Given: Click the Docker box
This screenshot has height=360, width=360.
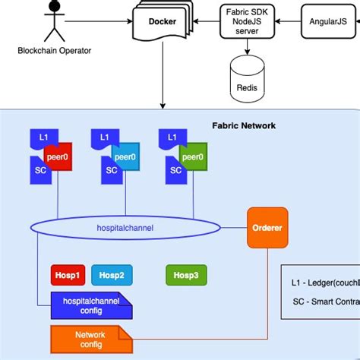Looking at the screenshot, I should [161, 22].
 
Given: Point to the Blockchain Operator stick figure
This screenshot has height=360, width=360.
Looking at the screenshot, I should [52, 20].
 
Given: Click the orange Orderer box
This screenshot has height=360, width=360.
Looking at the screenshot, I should [267, 226].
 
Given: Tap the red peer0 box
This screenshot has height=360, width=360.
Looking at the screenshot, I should [58, 157].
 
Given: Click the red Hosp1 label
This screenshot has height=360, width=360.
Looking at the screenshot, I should [67, 275].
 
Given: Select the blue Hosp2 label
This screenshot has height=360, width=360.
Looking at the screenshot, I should [108, 275].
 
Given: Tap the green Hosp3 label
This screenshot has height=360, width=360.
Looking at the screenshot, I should [185, 275].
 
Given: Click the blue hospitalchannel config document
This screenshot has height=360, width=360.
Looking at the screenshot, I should [90, 305].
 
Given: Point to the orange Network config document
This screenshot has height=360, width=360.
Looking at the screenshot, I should [90, 339].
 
